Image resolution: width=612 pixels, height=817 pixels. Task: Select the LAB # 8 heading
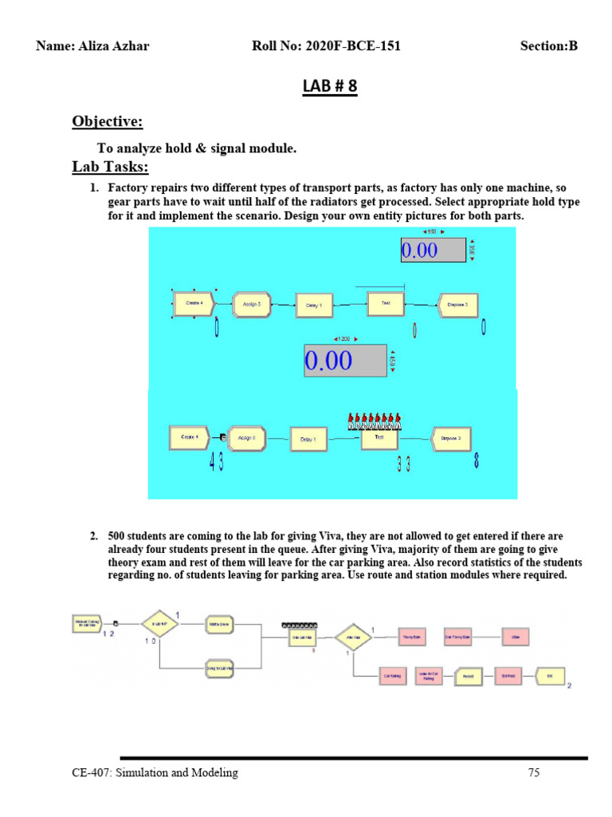coord(329,86)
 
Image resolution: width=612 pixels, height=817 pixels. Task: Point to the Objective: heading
coord(108,121)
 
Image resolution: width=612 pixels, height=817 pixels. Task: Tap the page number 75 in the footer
coord(534,772)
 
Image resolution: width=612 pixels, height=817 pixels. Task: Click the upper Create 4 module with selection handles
coord(194,303)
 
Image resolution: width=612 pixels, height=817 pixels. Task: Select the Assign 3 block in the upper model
coord(252,304)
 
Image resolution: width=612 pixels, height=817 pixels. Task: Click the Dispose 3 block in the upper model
coord(461,304)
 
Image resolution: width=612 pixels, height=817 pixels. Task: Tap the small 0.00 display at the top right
coord(433,250)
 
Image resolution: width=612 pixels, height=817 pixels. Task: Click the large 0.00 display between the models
coord(345,361)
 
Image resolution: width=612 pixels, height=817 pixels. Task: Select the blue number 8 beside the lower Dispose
coord(477,461)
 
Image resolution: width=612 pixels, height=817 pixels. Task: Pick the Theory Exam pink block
coord(410,637)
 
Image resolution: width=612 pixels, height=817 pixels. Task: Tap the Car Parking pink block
coord(392,676)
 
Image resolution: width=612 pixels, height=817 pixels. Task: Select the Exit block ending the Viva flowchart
coord(549,676)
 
